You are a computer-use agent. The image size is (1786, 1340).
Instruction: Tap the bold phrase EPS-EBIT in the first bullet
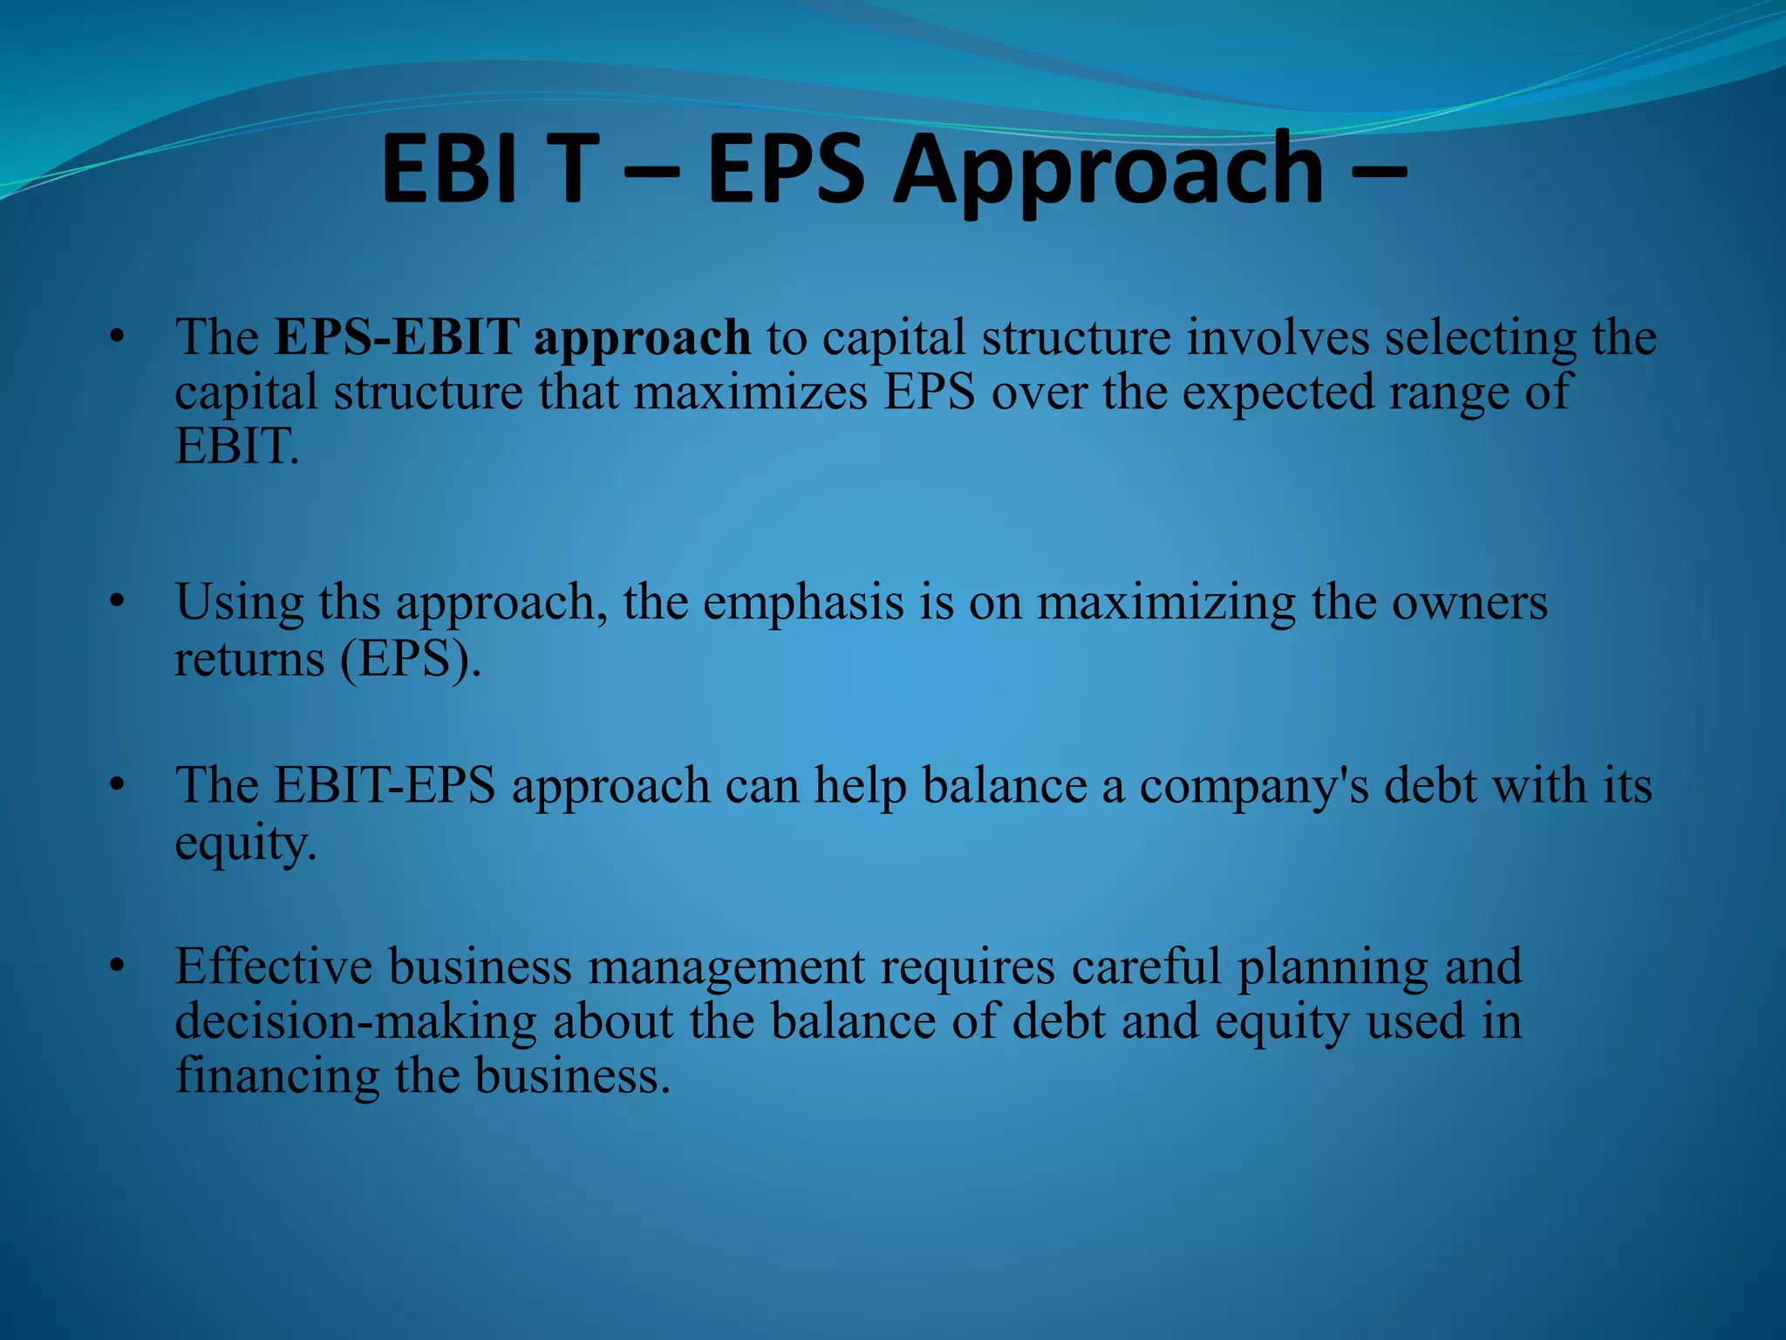397,337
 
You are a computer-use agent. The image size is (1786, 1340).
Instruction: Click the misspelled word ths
349,602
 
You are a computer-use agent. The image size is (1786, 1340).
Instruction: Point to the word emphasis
803,602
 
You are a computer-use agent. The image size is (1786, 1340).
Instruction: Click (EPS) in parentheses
410,659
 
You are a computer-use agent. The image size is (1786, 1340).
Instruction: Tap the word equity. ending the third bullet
245,842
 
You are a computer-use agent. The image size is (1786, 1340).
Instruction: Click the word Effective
274,967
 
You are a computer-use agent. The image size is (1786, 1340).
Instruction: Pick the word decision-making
356,1022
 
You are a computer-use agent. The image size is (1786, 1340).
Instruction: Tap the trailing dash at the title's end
1379,170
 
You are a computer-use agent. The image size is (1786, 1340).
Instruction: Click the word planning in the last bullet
1333,967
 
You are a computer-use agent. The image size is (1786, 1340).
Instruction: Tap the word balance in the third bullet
1005,785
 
